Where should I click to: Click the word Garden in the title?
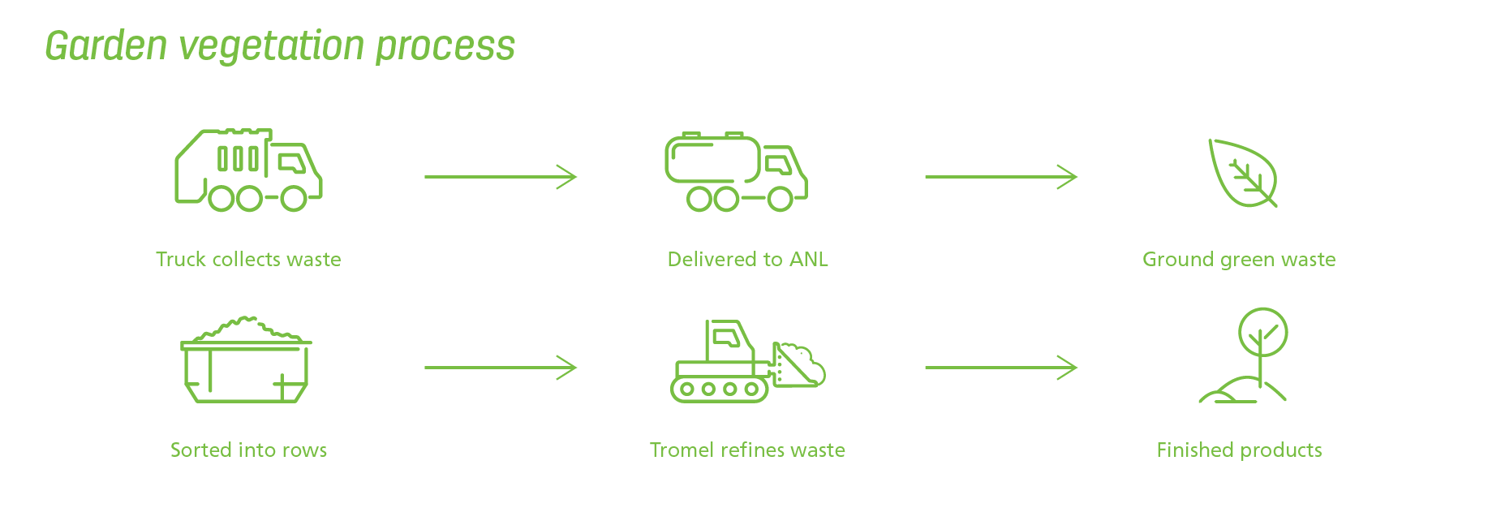pyautogui.click(x=106, y=45)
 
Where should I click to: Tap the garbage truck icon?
pyautogui.click(x=248, y=170)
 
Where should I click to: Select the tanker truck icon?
pyautogui.click(x=736, y=171)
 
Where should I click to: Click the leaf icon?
pyautogui.click(x=1242, y=173)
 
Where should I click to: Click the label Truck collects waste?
pyautogui.click(x=248, y=260)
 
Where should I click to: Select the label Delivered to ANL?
pyautogui.click(x=747, y=260)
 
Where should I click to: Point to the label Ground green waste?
pyautogui.click(x=1239, y=260)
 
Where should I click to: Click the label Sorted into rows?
pyautogui.click(x=248, y=450)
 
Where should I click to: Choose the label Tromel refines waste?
pyautogui.click(x=747, y=450)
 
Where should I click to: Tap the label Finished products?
pyautogui.click(x=1239, y=450)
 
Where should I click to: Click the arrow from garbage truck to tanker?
pyautogui.click(x=501, y=176)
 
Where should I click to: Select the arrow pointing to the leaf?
pyautogui.click(x=1001, y=176)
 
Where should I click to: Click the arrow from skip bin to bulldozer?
pyautogui.click(x=501, y=368)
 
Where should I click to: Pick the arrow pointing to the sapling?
pyautogui.click(x=1001, y=368)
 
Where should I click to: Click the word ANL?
pyautogui.click(x=809, y=260)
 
